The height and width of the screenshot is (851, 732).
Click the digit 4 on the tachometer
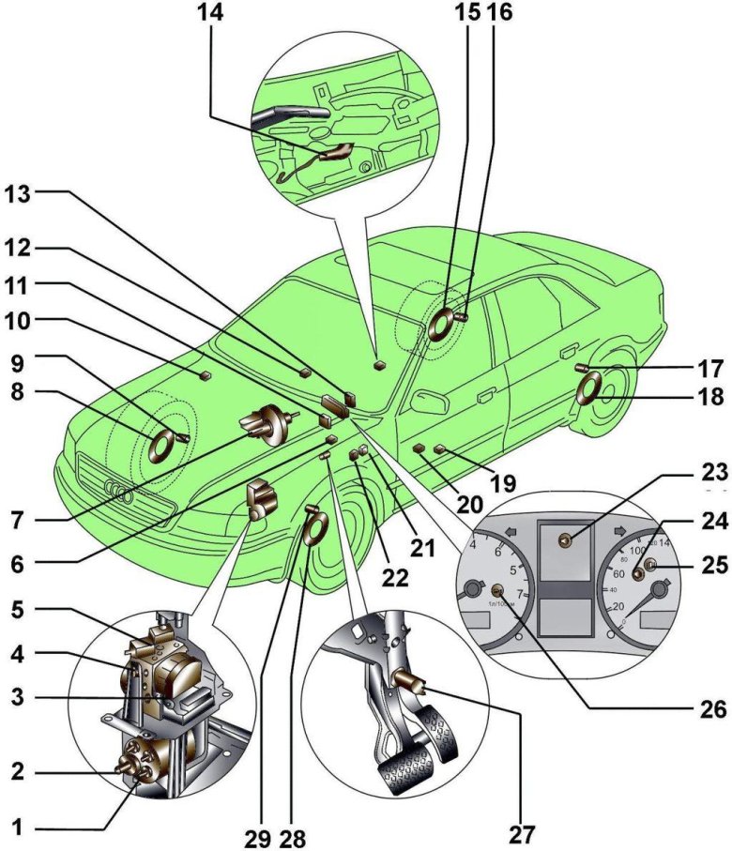click(475, 542)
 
